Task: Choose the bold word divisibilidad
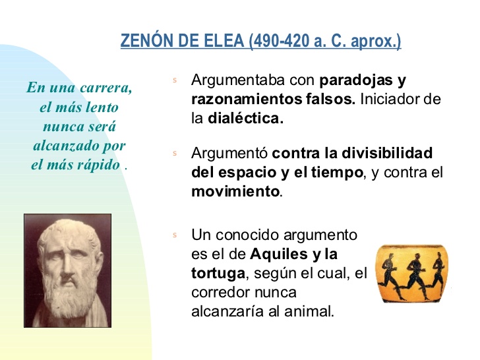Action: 391,154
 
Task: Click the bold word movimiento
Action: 235,193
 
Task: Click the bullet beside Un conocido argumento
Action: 175,235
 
